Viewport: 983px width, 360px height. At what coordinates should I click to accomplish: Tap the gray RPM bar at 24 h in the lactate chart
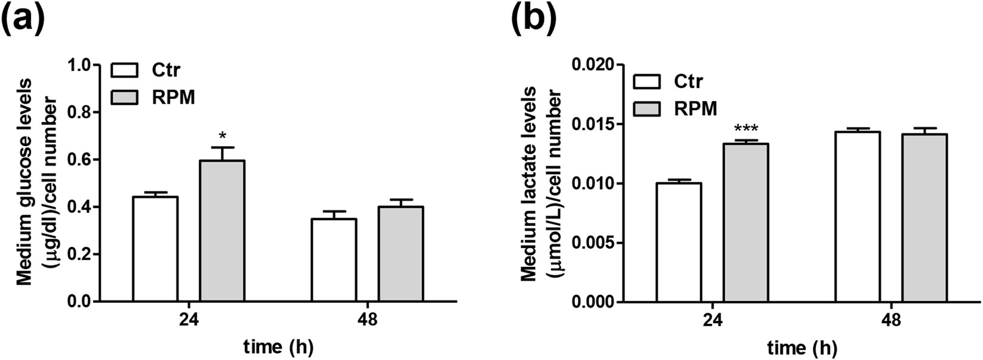(x=746, y=223)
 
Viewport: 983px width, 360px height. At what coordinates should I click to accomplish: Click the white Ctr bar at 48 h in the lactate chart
(x=857, y=217)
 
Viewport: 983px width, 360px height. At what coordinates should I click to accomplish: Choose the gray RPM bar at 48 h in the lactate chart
(x=924, y=218)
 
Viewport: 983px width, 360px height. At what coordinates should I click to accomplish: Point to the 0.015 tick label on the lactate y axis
(x=593, y=124)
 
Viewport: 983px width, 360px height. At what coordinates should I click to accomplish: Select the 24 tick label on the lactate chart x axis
(x=713, y=320)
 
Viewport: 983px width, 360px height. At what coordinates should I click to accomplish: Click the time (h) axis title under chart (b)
(x=801, y=347)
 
